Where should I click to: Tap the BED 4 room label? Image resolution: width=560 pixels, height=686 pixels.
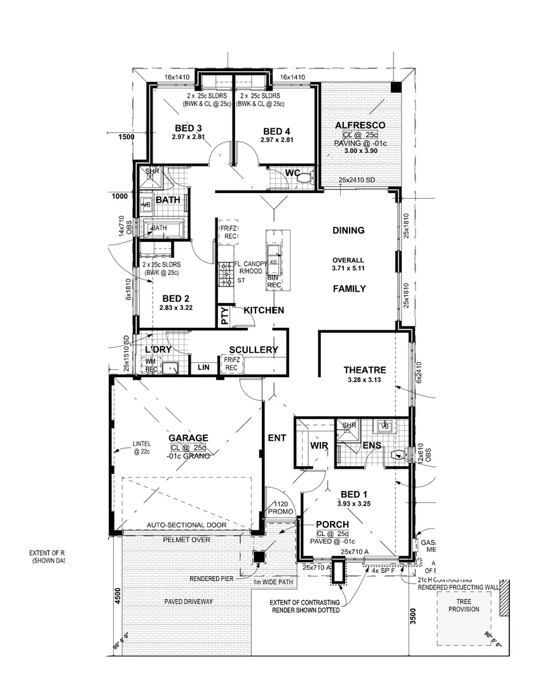click(277, 132)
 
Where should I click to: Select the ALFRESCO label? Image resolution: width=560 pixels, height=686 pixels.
click(360, 125)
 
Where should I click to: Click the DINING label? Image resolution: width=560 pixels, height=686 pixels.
click(348, 231)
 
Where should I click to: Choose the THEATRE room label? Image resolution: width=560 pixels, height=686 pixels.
click(364, 370)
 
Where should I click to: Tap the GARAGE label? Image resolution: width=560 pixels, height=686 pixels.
click(188, 438)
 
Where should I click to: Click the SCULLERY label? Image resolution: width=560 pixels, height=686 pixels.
click(253, 349)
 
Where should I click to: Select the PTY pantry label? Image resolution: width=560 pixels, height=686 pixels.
click(224, 316)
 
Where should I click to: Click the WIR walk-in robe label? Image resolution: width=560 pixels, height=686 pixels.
click(318, 446)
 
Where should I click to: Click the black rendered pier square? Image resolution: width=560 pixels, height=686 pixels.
click(259, 557)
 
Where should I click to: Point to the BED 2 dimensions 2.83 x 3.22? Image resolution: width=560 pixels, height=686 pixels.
click(177, 307)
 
